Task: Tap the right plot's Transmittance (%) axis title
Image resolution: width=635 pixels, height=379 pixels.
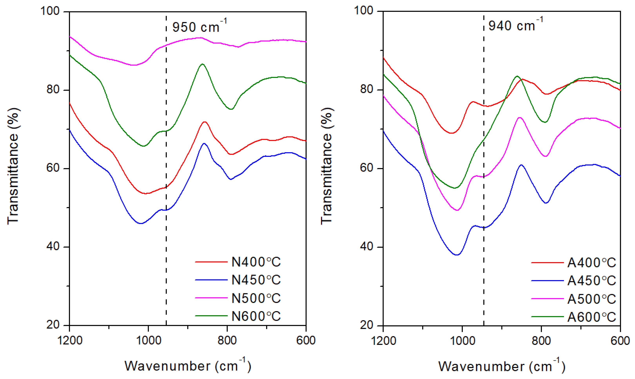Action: tap(327, 166)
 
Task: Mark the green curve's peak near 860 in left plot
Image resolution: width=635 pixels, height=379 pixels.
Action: tap(202, 64)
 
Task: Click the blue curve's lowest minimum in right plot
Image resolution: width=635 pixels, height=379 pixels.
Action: tap(457, 255)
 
